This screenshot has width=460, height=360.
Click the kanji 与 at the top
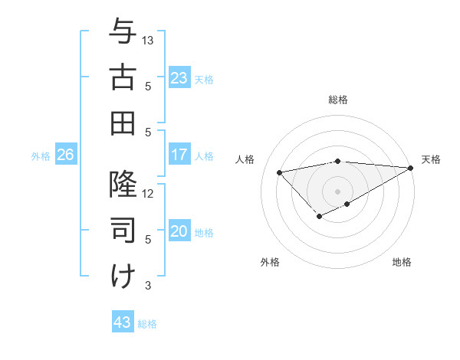123,32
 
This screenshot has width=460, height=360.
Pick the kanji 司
123,230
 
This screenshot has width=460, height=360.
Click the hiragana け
123,276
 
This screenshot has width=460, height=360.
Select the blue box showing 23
179,78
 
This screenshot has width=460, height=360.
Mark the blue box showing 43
122,322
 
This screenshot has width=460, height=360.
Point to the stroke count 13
149,40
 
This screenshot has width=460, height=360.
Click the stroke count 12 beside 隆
149,193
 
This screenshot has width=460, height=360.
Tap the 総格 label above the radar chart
338,100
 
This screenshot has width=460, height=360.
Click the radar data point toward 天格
411,168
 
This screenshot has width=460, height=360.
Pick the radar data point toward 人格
279,172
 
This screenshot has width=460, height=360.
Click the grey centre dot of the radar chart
337,191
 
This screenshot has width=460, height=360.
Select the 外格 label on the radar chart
270,262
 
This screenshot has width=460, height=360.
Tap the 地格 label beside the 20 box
204,233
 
